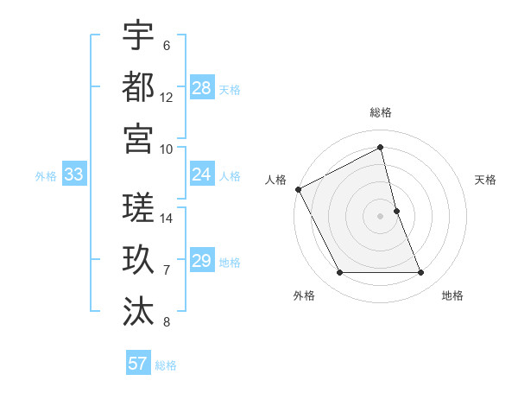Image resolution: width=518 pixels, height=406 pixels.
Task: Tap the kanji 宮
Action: (138, 138)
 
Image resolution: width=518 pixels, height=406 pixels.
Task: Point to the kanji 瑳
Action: (138, 207)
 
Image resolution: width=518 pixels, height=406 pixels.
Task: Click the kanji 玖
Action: (138, 259)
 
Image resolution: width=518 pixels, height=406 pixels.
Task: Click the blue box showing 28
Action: (202, 87)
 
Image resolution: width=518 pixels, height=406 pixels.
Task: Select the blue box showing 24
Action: (202, 174)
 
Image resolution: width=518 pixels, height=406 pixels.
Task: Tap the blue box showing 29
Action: (202, 261)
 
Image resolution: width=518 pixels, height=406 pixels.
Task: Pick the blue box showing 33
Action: (74, 174)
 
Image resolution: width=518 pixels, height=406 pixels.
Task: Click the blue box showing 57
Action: (138, 364)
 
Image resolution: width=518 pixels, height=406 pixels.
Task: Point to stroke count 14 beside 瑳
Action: (167, 219)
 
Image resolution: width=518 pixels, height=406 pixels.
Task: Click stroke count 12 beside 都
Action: (167, 98)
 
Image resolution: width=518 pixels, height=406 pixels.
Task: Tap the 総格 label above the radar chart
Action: (381, 112)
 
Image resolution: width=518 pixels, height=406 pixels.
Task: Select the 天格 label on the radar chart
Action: (485, 180)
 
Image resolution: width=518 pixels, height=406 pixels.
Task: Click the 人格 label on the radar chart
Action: (276, 180)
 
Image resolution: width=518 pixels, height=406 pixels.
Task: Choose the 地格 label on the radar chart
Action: (452, 295)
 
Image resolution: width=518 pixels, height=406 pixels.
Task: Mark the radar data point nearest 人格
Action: (298, 189)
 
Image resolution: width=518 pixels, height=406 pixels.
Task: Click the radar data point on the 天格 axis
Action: (396, 210)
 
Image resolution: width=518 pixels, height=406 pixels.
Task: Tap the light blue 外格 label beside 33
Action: (46, 176)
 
